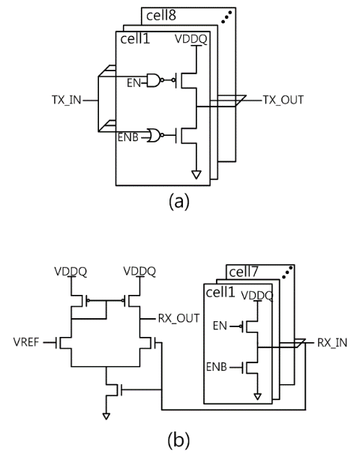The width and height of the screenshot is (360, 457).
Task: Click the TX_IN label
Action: click(67, 100)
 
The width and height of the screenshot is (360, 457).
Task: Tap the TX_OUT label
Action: click(283, 100)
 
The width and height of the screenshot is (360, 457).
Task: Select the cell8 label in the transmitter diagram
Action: click(161, 15)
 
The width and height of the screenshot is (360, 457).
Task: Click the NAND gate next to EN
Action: click(154, 80)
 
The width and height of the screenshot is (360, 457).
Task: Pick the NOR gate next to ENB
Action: click(154, 135)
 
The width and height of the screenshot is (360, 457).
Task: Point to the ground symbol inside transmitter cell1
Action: click(196, 175)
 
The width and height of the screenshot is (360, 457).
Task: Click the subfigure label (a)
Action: click(178, 201)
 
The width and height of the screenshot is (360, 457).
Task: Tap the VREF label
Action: click(26, 342)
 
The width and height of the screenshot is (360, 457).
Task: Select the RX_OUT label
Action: click(178, 318)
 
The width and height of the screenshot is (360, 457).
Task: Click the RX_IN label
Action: click(332, 343)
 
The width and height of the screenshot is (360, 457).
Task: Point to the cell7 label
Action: click(244, 272)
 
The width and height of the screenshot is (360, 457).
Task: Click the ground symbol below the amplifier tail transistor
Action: click(106, 416)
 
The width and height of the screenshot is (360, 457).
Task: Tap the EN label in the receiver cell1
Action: click(220, 326)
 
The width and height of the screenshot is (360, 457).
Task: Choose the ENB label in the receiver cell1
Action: click(217, 367)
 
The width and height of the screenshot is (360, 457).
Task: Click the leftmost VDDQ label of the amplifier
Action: click(70, 272)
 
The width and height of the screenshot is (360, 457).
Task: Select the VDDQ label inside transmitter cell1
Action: click(191, 39)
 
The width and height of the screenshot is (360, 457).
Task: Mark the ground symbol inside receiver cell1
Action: click(257, 396)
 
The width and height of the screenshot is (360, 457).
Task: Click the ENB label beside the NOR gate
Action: click(127, 137)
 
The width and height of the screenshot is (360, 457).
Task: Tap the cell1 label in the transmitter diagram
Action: click(135, 38)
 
